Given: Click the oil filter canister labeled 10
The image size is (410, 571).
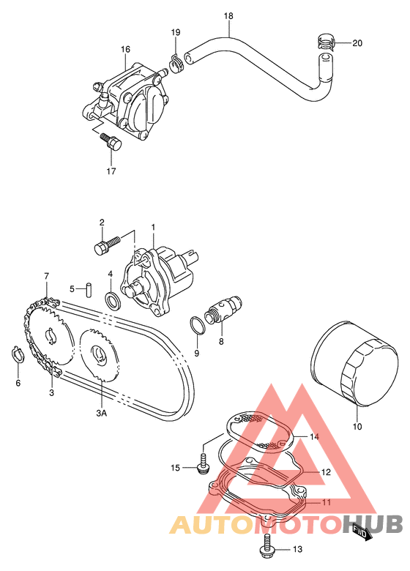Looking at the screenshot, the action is point(354,363).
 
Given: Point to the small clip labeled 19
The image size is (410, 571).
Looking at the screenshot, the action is point(176,63).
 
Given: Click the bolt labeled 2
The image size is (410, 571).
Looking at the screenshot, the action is point(106,245).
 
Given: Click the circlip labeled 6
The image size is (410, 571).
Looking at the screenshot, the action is point(17,355).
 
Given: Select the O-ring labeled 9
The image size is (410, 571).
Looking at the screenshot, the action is point(198,325).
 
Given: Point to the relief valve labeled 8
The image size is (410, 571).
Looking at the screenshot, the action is point(223,309).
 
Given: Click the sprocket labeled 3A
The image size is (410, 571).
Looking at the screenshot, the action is point(99,355).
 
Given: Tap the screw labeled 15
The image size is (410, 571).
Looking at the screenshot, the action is point(202,463).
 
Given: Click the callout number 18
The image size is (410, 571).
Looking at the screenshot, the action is point(228,16).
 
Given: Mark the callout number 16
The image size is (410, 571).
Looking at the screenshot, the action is point(125,49).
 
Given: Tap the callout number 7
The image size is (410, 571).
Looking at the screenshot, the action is point(46,277).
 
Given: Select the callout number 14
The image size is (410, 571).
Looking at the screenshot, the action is point(314,436).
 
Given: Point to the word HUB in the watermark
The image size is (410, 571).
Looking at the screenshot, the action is point(373,523).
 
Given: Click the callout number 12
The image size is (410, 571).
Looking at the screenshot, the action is point(326,472).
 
